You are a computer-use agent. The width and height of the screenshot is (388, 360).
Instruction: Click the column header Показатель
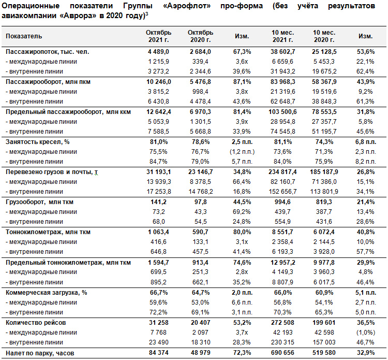[x=24, y=36]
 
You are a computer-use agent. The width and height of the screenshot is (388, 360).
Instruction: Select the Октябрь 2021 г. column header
[x=158, y=36]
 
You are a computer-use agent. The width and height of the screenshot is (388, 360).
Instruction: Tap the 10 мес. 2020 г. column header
[x=324, y=36]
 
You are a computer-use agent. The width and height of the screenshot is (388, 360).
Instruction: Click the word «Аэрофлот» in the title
[x=187, y=6]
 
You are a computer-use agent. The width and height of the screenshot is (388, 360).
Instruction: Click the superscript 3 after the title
[x=147, y=14]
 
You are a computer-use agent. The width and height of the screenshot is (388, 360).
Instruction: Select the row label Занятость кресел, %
[x=38, y=142]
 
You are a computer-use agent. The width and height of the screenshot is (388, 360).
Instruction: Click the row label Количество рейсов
[x=36, y=323]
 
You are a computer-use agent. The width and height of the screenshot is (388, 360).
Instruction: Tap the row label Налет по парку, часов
[x=40, y=353]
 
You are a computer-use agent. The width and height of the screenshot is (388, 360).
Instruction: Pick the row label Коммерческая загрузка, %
[x=46, y=293]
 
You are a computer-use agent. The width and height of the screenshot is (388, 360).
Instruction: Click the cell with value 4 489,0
[x=158, y=52]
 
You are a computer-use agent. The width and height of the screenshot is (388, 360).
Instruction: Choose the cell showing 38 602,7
[x=282, y=52]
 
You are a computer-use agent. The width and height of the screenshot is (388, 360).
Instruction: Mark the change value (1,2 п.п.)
[x=242, y=152]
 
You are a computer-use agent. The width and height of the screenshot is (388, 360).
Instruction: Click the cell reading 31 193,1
[x=158, y=172]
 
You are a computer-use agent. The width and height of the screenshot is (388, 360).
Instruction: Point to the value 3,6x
[x=242, y=62]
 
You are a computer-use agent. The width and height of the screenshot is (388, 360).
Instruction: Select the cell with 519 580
[x=324, y=353]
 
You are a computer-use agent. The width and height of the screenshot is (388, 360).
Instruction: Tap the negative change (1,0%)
[x=365, y=333]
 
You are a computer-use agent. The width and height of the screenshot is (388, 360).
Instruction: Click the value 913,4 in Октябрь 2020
[x=200, y=263]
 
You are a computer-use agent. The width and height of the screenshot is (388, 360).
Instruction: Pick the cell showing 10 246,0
[x=158, y=82]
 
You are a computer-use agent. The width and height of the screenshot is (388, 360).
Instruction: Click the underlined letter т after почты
[x=96, y=172]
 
